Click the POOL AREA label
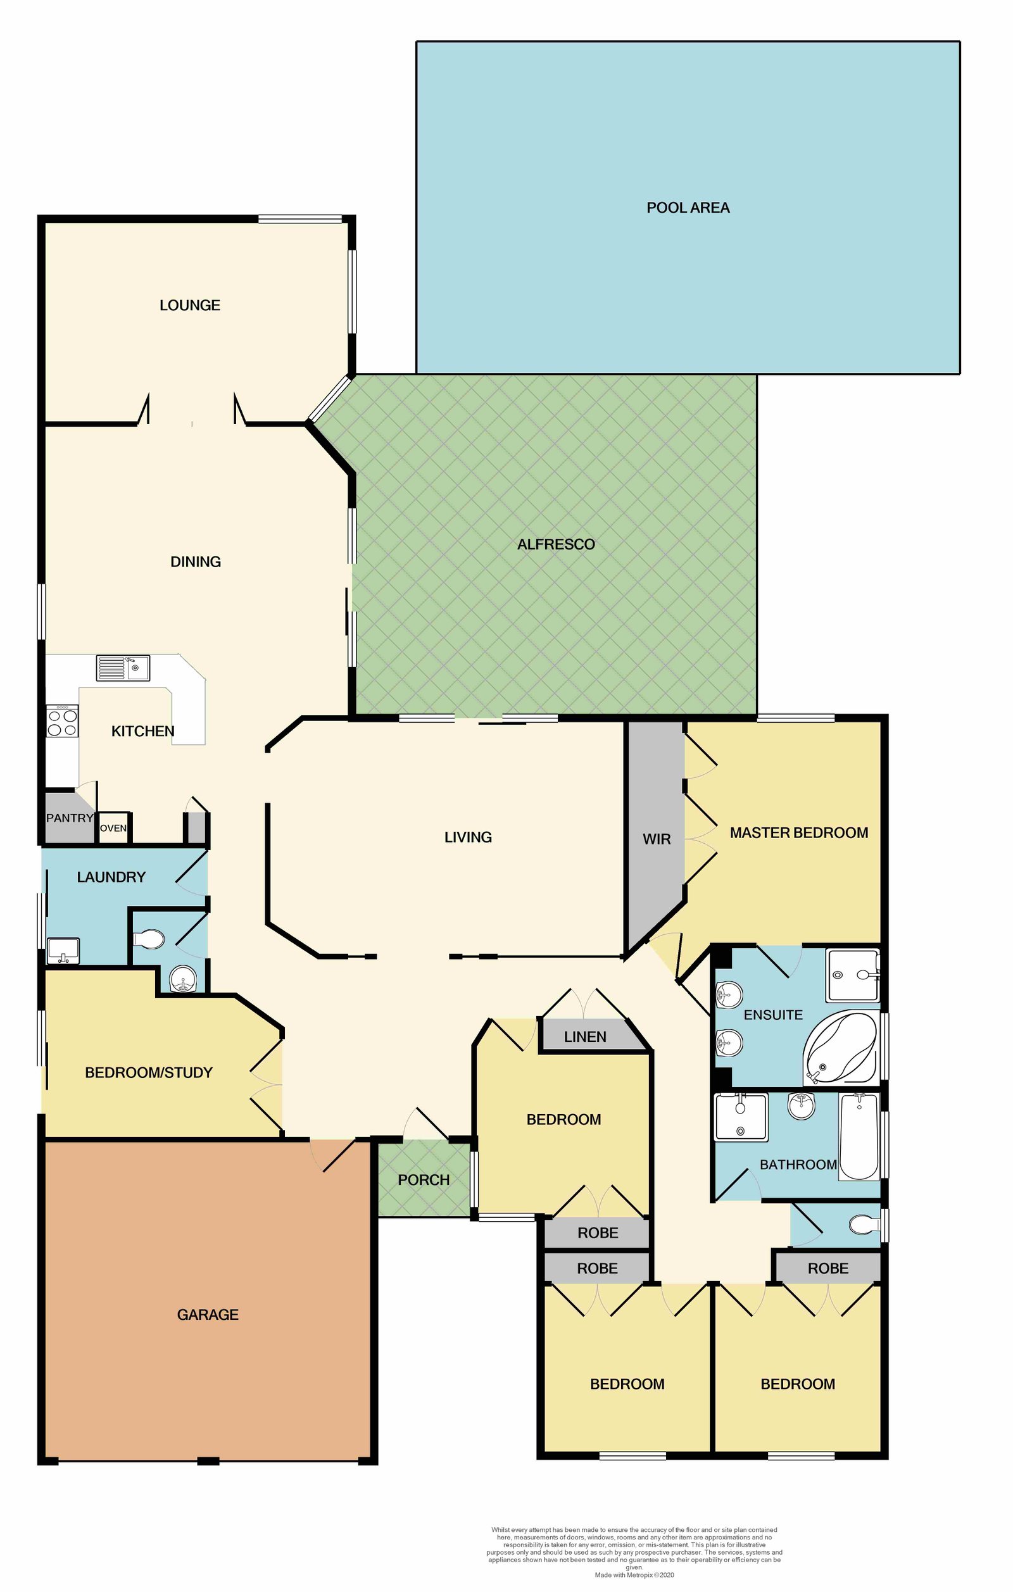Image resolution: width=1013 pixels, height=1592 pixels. pos(688,208)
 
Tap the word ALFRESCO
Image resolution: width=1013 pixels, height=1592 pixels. pos(555,544)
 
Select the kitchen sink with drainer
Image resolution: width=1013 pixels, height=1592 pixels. pos(123,668)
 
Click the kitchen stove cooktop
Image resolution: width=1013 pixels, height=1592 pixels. pos(62,721)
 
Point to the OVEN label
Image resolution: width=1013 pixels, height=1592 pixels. pos(113,829)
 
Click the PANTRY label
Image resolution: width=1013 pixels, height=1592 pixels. pos(70,818)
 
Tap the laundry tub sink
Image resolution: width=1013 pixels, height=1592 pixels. pos(63,951)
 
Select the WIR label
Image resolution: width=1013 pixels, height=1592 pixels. pos(656,839)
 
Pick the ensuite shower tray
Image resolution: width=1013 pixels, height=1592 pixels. pos(852,975)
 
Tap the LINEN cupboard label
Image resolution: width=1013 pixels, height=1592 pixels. pos(584,1037)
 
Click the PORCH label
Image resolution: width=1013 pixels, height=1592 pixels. pos(423,1179)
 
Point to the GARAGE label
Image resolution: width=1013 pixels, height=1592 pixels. pos(208,1314)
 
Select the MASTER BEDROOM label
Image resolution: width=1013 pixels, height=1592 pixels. pos(798,833)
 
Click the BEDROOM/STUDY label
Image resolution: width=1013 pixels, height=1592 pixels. pos(149,1072)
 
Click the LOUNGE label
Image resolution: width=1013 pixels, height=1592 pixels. pos(190,306)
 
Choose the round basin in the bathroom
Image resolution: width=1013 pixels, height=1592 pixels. pos(802,1106)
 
